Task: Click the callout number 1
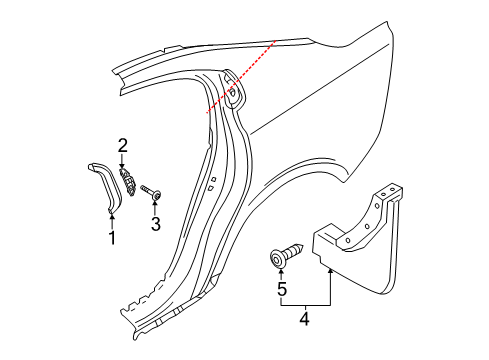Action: pos(112,238)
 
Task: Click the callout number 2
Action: pos(122,146)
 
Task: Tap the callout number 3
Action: pos(155,224)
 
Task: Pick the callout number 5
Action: pos(281,291)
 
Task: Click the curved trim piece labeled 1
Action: pos(103,180)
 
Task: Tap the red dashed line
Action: pos(240,80)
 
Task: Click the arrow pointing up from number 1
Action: pos(112,218)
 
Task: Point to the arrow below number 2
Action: pos(122,162)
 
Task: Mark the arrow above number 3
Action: pos(155,205)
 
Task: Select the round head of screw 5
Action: pos(276,259)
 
